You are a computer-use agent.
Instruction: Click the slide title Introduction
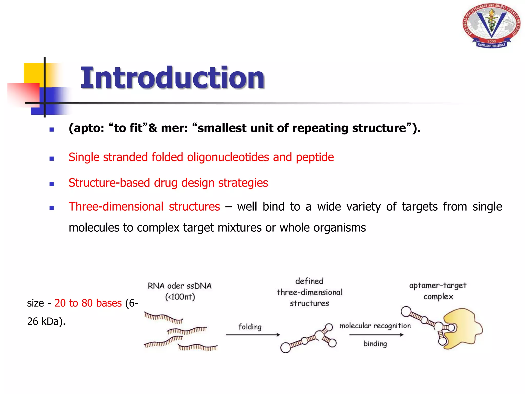(172, 77)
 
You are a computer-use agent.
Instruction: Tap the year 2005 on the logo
(491, 41)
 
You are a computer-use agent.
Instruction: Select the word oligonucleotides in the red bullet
(228, 157)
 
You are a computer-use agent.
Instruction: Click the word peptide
(315, 157)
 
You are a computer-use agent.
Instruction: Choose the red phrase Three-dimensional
(116, 207)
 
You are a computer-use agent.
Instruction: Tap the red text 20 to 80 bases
(88, 303)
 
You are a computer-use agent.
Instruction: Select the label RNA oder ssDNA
(179, 286)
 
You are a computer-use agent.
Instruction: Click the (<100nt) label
(180, 297)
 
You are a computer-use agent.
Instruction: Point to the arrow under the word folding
(253, 335)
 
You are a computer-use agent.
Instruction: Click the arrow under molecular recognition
(376, 335)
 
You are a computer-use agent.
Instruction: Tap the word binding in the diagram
(375, 344)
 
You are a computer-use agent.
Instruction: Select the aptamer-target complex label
(438, 291)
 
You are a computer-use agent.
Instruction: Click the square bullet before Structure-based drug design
(52, 184)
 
